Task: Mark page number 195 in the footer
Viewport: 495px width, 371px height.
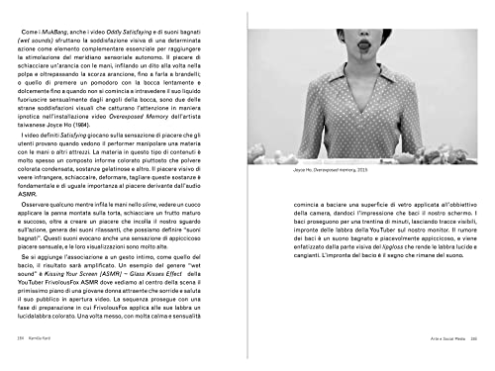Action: coord(473,363)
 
